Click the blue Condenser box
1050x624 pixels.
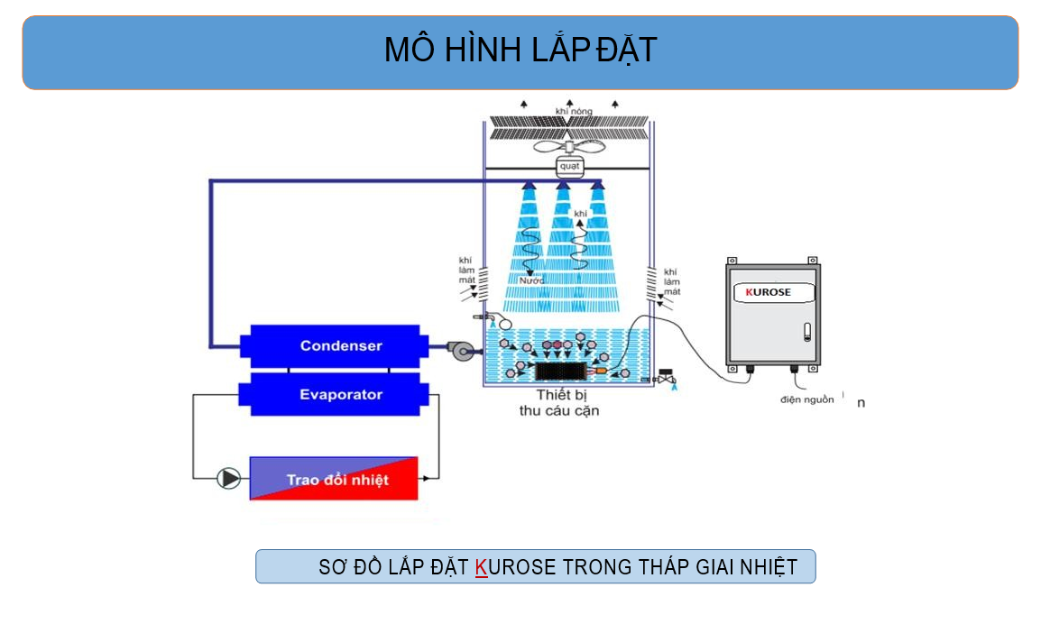(x=329, y=346)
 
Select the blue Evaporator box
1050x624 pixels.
(x=329, y=395)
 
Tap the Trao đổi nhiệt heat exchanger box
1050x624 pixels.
(x=334, y=479)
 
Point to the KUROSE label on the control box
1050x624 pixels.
(x=769, y=292)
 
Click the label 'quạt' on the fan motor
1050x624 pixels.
(x=569, y=167)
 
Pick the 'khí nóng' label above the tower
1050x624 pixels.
(x=574, y=111)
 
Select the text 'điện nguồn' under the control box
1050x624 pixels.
(x=807, y=399)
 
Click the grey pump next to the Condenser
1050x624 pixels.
(x=461, y=350)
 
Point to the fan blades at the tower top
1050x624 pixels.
(x=568, y=147)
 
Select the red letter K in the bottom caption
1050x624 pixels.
(x=481, y=567)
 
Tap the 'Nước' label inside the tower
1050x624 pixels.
(x=533, y=280)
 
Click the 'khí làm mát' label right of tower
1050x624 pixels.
(x=671, y=281)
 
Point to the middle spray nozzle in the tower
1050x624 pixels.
(x=563, y=186)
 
